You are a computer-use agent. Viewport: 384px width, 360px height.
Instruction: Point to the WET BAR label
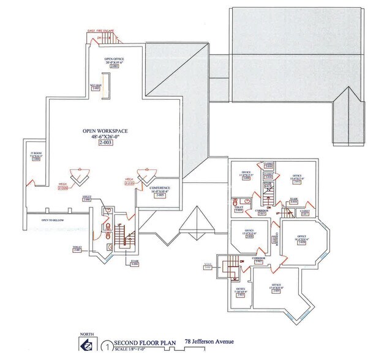pos(95,86)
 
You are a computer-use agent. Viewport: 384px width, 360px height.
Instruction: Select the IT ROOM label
pos(36,154)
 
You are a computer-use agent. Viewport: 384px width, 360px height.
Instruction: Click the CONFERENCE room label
pos(159,188)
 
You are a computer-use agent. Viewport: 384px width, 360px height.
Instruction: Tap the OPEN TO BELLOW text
pos(53,220)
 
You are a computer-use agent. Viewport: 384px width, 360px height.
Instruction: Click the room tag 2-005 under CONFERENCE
pos(159,195)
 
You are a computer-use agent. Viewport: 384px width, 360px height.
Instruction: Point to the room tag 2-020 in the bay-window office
pos(301,242)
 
